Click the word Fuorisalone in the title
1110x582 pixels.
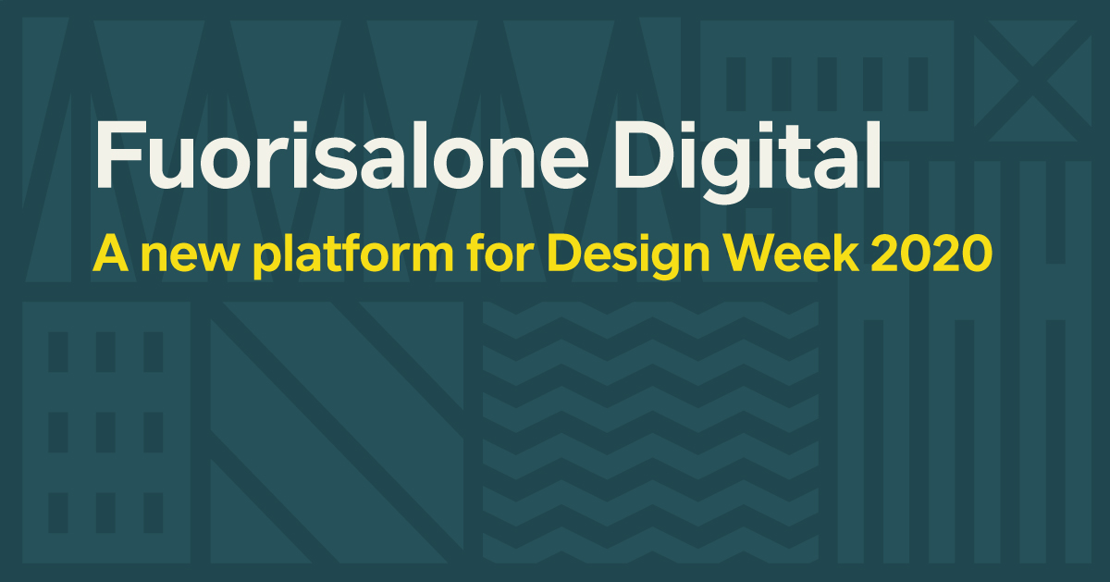(341, 155)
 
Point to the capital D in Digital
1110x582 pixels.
(646, 155)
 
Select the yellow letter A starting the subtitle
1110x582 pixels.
(110, 253)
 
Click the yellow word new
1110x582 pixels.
(189, 258)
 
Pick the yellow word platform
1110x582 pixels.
(353, 255)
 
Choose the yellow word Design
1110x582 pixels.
(628, 255)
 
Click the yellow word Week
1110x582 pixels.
(791, 253)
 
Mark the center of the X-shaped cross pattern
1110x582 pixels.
(1032, 80)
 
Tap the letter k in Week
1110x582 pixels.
(845, 253)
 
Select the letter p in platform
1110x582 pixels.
(270, 262)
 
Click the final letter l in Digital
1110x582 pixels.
(872, 155)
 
